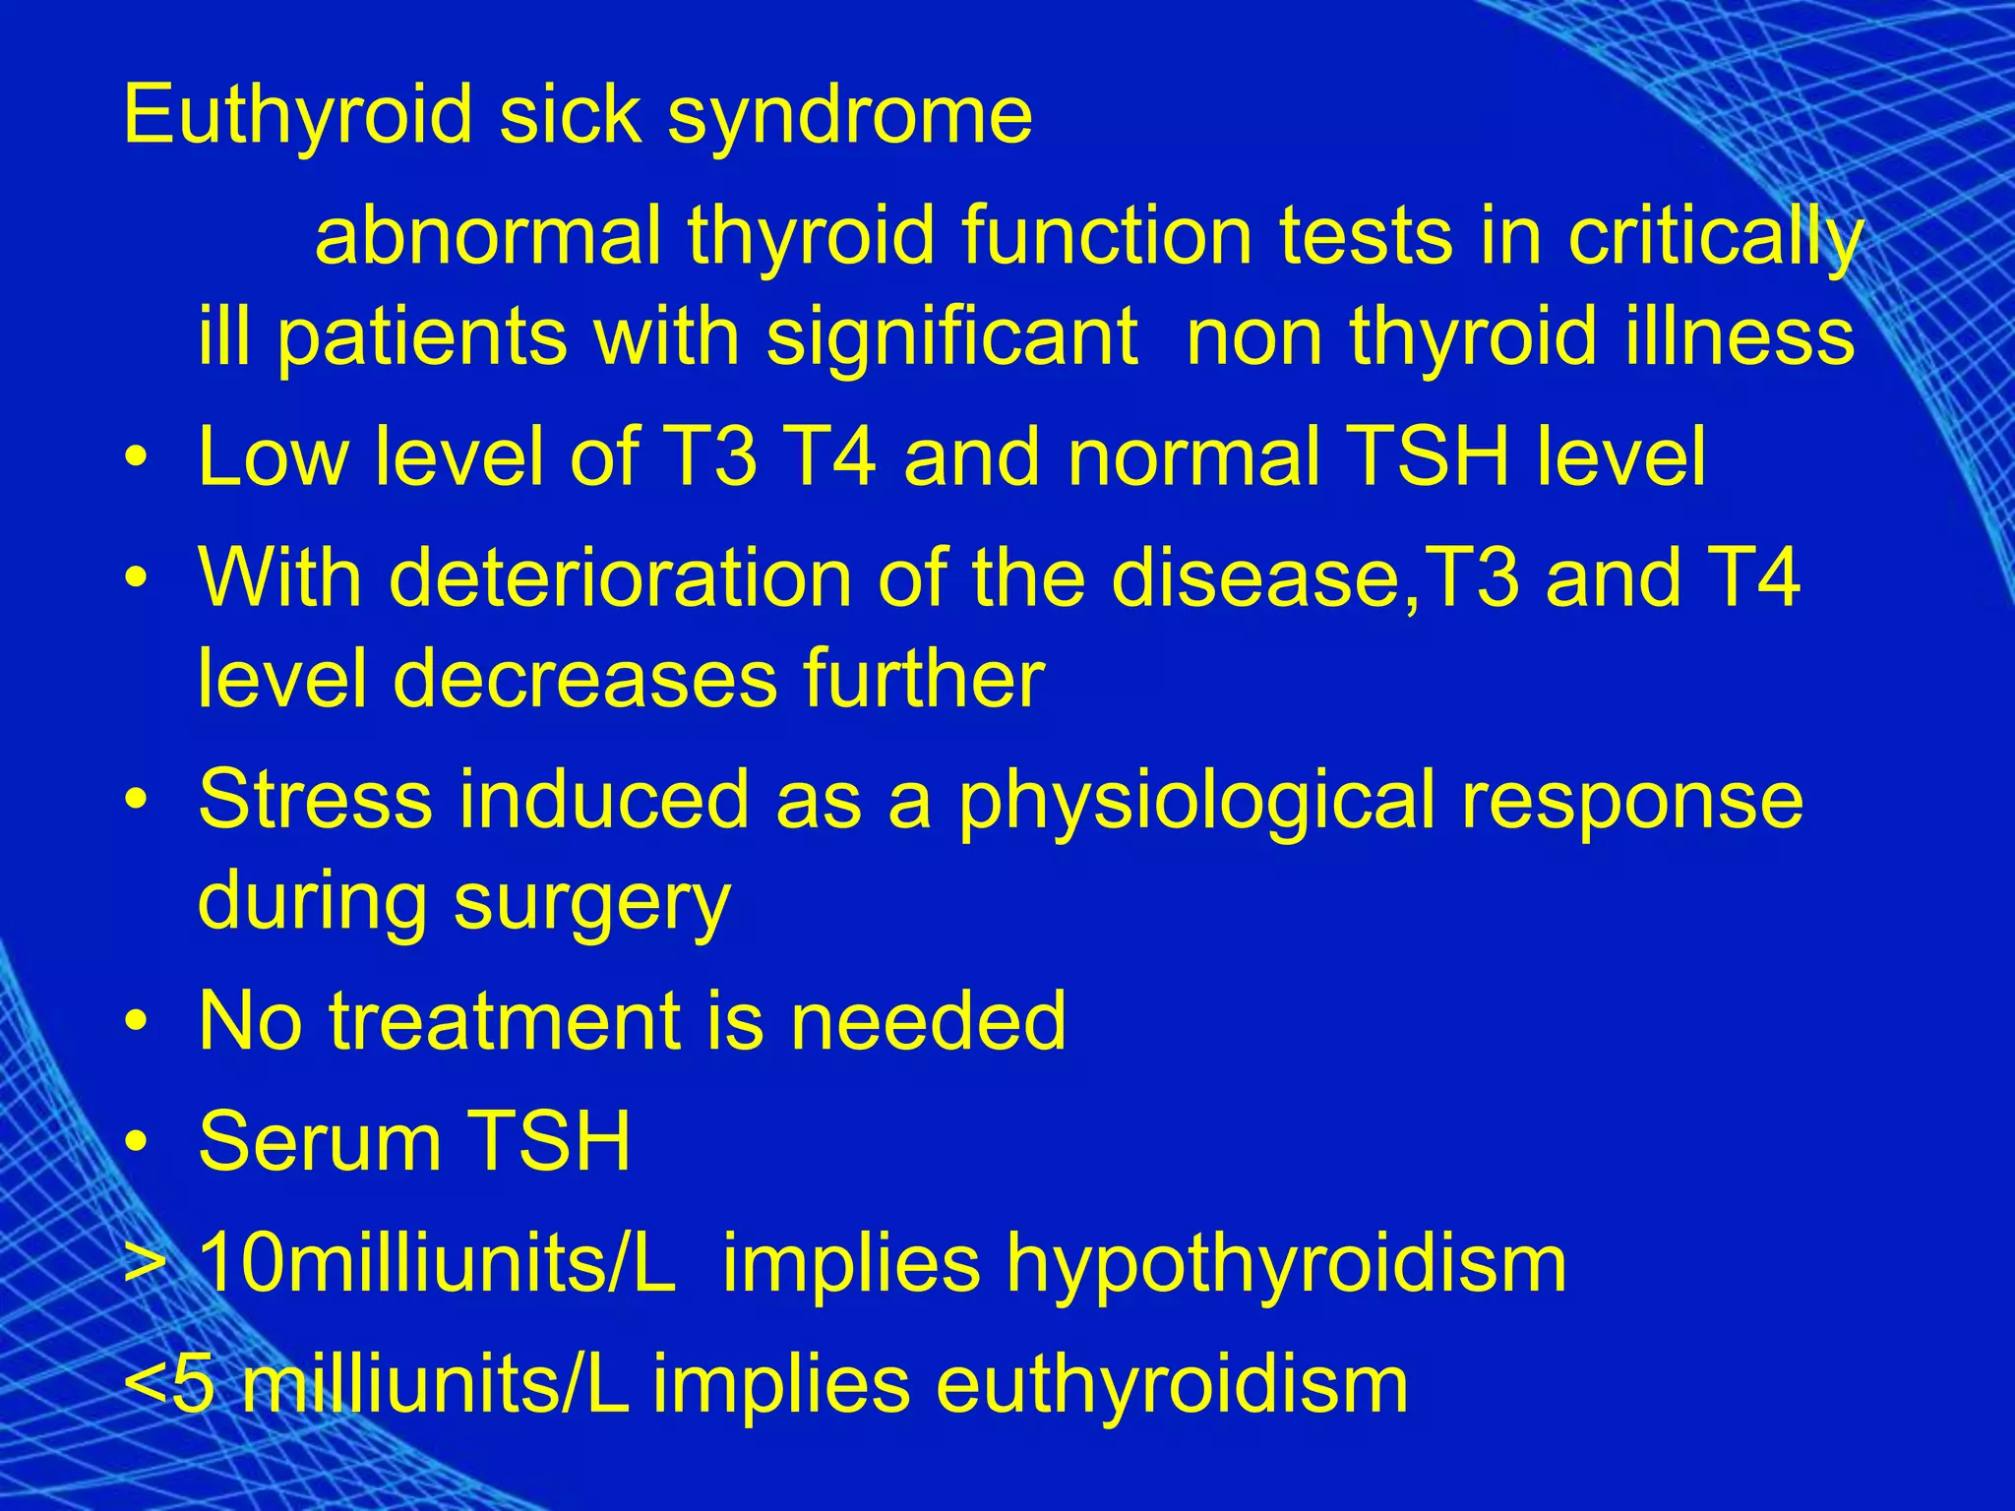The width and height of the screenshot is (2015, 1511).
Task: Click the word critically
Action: coord(1716,239)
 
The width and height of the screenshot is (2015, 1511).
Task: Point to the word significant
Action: coord(952,337)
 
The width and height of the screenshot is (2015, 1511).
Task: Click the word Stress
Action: coord(315,799)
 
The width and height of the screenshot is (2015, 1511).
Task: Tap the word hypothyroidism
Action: coord(1286,1266)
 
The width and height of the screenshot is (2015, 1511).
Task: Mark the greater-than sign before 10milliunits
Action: coord(143,1265)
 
